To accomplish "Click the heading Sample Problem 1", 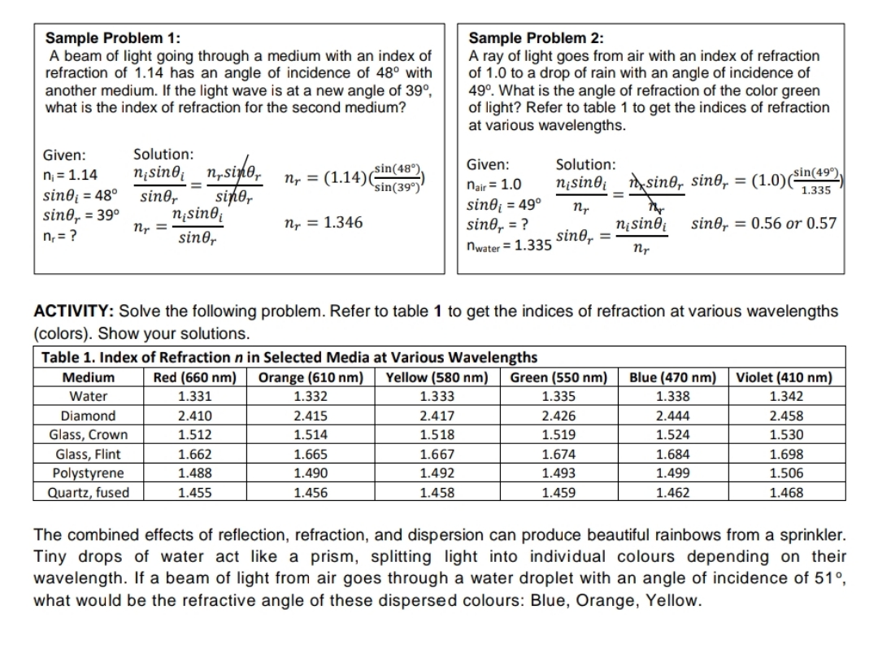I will pos(113,38).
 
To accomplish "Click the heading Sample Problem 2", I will pos(537,38).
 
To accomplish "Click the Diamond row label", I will pos(89,415).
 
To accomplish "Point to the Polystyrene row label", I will pos(89,473).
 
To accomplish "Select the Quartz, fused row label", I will pos(89,492).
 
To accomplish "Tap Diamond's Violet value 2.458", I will pos(785,415).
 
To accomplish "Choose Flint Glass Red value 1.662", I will pos(194,454).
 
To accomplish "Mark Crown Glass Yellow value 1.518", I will pos(437,434).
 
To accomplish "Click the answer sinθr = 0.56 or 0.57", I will pos(763,223).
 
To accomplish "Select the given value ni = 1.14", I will pos(70,175).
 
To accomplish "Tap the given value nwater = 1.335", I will pos(509,245).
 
